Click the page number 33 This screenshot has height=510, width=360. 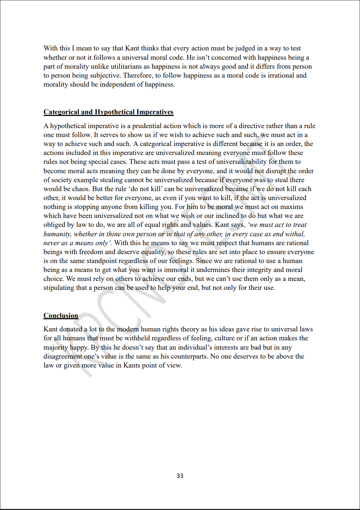(x=180, y=476)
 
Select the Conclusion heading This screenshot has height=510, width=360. (x=61, y=316)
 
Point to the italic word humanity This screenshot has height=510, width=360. (x=57, y=234)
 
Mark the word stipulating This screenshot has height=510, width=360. (x=59, y=288)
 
